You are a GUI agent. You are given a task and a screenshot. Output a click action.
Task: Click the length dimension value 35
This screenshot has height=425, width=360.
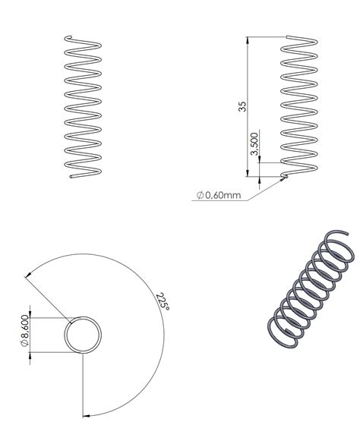pos(242,106)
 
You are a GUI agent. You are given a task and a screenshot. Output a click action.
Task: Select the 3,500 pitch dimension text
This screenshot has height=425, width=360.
pos(254,146)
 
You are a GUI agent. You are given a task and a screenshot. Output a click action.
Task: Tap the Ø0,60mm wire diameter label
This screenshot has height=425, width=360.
pos(219,195)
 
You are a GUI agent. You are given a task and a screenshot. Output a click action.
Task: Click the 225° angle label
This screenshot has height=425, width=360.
pos(162,301)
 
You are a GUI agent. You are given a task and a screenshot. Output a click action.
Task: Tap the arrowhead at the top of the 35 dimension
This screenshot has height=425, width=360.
pos(248,39)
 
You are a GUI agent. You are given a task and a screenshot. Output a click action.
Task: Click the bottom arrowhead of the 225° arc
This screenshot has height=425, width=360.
pos(86,415)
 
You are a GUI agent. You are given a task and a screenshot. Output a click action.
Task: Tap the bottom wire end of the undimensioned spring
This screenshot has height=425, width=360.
pos(71,178)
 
